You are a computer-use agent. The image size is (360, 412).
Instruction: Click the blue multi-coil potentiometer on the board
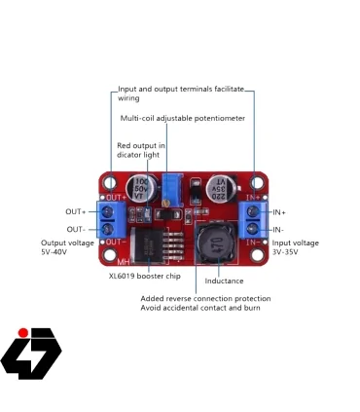[x=172, y=185]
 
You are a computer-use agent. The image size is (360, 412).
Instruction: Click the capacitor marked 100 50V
[x=141, y=188]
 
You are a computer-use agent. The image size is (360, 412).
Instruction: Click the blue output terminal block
[x=115, y=220]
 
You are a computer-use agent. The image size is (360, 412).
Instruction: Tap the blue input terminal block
[x=254, y=220]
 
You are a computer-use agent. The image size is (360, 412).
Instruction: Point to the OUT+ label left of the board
[x=75, y=211]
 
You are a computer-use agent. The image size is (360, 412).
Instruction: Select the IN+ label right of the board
[x=278, y=211]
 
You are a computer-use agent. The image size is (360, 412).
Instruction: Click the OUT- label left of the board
[x=75, y=229]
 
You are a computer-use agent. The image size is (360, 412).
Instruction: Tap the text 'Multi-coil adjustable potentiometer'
[x=182, y=118]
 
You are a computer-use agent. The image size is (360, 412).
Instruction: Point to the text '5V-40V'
[x=55, y=251]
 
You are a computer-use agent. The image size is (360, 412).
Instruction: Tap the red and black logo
[x=31, y=351]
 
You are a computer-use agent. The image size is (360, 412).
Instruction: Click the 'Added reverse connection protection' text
[x=205, y=298]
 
